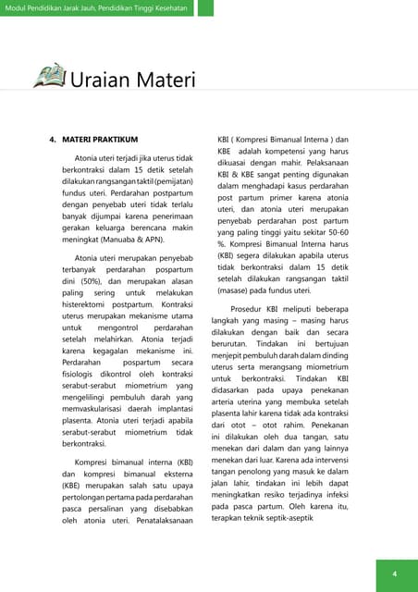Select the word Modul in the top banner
pos(19,8)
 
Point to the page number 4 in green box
pos(394,574)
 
